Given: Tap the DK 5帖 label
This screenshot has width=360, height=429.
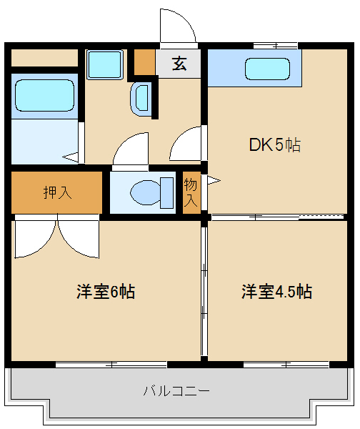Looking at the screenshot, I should (x=274, y=145).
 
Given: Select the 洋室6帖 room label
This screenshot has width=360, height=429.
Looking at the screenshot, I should (x=106, y=292).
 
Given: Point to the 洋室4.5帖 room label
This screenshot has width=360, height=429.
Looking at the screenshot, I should (x=276, y=292).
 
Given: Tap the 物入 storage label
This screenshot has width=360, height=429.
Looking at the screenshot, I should (x=191, y=192).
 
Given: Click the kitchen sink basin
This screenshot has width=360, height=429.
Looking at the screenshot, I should (x=269, y=69).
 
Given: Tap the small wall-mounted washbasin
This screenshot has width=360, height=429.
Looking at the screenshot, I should (x=141, y=97).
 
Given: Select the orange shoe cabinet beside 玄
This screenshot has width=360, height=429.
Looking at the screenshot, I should (x=144, y=63).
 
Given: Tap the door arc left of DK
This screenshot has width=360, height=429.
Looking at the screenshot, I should (x=187, y=144).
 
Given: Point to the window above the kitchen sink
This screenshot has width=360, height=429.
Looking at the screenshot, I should (x=275, y=46).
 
